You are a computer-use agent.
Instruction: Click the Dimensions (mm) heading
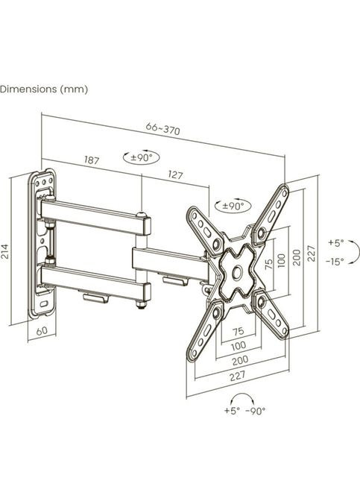[x=44, y=89]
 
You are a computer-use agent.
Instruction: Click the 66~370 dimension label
[x=163, y=129]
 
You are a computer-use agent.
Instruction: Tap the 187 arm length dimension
[x=92, y=160]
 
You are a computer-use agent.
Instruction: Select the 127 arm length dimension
[x=175, y=174]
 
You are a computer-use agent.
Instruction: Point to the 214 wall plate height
[x=5, y=252]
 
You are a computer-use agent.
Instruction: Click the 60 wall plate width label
[x=42, y=331]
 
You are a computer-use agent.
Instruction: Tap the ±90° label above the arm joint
[x=141, y=157]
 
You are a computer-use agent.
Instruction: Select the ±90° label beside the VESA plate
[x=233, y=206]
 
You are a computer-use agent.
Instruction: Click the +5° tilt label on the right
[x=335, y=243]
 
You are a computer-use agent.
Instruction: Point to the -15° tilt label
[x=335, y=262]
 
